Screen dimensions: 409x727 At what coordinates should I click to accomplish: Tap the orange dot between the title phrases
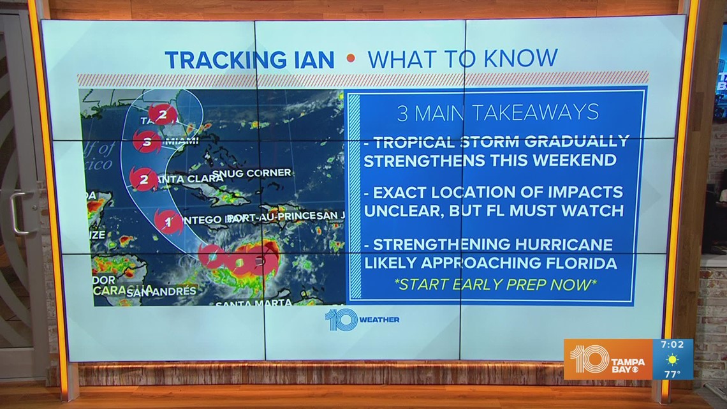[x=350, y=59]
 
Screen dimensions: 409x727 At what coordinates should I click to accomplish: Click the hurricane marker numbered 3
[x=147, y=141]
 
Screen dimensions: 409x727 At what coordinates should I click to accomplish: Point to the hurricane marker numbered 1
[x=168, y=223]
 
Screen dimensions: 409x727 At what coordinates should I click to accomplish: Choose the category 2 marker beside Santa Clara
[x=143, y=179]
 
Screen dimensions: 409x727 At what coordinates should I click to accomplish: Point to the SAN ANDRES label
[x=161, y=292]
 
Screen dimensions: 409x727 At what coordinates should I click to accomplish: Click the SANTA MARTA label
[x=253, y=302]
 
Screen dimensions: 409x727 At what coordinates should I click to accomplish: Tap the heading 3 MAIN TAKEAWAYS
[x=497, y=113]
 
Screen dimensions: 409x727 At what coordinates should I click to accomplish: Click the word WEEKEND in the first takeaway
[x=578, y=160]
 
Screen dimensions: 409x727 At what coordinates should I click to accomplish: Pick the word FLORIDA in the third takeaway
[x=578, y=262]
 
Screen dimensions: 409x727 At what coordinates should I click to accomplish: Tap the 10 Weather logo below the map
[x=362, y=319]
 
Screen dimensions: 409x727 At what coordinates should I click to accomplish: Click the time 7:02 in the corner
[x=672, y=345]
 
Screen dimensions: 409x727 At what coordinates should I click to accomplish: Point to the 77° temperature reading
[x=672, y=374]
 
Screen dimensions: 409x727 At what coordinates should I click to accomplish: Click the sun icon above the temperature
[x=672, y=359]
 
